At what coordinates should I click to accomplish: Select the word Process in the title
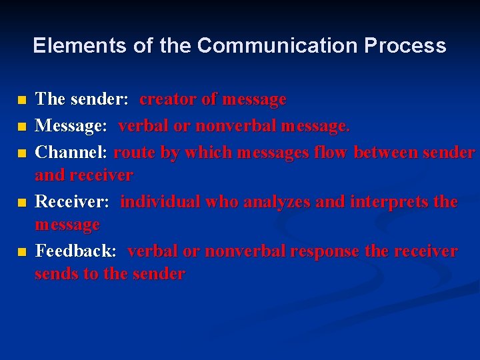coord(405,45)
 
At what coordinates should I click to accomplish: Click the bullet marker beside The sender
coord(22,101)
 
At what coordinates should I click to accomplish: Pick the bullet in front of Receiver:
coord(22,203)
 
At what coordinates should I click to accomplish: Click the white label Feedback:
coord(75,251)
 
